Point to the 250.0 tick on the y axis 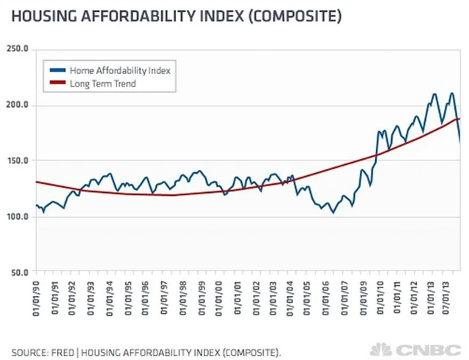(x=17, y=49)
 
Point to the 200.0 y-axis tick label (x=17, y=106)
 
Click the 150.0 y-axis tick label (x=17, y=161)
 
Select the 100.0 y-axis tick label (x=17, y=217)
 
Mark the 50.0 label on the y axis (x=18, y=273)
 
